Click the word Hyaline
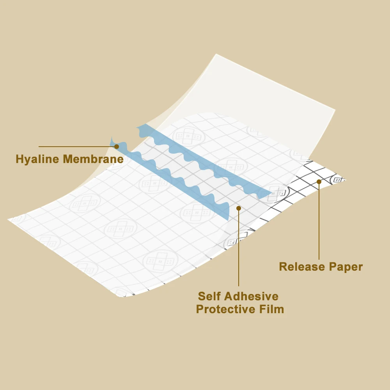pyautogui.click(x=38, y=159)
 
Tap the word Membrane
pyautogui.click(x=93, y=159)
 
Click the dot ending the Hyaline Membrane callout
pyautogui.click(x=117, y=147)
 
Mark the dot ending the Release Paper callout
pyautogui.click(x=319, y=181)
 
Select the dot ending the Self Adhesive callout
pyautogui.click(x=239, y=208)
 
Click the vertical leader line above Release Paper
pyautogui.click(x=319, y=222)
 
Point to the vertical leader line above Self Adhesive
pyautogui.click(x=239, y=250)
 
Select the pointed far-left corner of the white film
pyautogui.click(x=9, y=220)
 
